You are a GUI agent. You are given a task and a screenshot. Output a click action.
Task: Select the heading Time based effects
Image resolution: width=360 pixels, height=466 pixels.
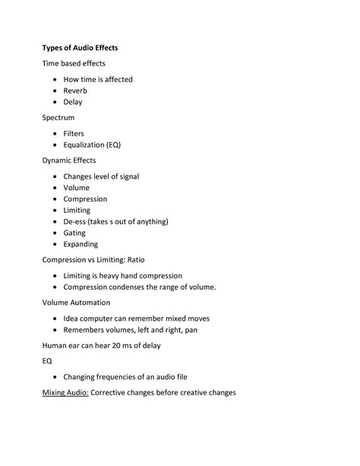[74, 63]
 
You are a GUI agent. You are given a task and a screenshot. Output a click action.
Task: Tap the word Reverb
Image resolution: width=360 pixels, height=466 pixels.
[75, 90]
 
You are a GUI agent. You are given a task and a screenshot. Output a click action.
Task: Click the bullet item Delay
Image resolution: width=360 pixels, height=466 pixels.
[73, 102]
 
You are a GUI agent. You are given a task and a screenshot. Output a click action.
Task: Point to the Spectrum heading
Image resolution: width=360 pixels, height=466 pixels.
[61, 118]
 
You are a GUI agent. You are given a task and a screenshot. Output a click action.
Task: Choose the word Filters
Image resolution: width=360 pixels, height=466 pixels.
[74, 133]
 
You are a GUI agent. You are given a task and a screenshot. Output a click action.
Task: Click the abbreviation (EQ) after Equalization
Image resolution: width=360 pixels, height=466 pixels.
[114, 144]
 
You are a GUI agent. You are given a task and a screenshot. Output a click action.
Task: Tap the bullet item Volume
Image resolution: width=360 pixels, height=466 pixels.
[76, 188]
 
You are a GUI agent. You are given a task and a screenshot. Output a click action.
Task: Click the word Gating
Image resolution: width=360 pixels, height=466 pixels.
[74, 233]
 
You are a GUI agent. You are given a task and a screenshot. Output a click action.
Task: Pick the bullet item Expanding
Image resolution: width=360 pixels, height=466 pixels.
[81, 244]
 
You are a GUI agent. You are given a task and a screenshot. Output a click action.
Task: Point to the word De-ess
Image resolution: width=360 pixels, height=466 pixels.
[74, 221]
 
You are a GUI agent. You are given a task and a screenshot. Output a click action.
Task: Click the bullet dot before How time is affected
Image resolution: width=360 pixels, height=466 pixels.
[55, 79]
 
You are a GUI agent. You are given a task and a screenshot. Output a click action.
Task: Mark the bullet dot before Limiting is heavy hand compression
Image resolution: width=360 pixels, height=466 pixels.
[55, 276]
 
